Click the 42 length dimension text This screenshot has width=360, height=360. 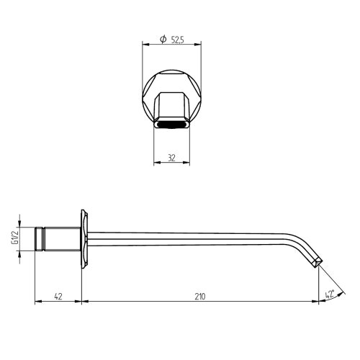coord(57,295)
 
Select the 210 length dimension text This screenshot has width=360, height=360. coord(200,295)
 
